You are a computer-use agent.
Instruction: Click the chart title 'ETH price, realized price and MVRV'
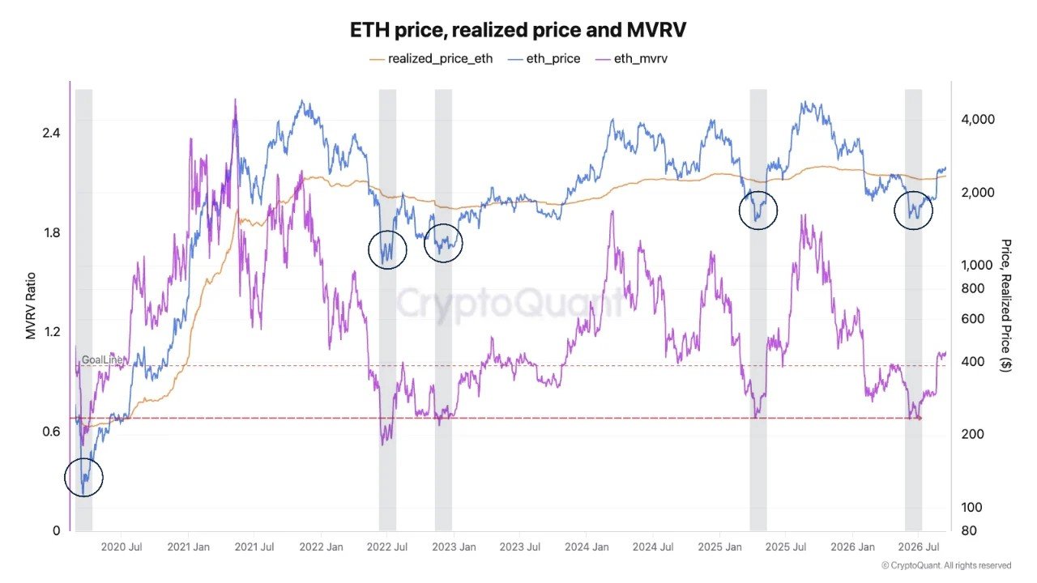(x=518, y=31)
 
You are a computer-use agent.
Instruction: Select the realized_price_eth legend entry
(x=431, y=59)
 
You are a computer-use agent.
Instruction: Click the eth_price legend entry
(x=544, y=59)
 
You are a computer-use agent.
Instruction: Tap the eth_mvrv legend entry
(x=631, y=59)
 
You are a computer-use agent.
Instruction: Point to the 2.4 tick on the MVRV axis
(x=51, y=134)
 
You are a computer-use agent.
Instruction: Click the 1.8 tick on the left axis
(x=52, y=232)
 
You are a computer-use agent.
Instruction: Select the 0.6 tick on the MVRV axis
(x=51, y=432)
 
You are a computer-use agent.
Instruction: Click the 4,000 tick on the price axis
(x=978, y=119)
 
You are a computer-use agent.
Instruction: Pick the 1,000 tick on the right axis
(x=977, y=265)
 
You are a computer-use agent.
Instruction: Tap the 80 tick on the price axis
(x=969, y=530)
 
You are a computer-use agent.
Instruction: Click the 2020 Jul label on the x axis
(x=122, y=547)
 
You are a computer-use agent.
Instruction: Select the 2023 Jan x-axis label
(x=454, y=547)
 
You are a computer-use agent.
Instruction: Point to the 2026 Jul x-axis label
(x=919, y=547)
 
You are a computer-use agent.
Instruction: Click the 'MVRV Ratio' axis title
(x=31, y=306)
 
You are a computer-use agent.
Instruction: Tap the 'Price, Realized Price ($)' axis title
(x=1005, y=305)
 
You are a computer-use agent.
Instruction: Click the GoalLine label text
(x=102, y=360)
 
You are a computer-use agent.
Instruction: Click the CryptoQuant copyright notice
(x=946, y=565)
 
